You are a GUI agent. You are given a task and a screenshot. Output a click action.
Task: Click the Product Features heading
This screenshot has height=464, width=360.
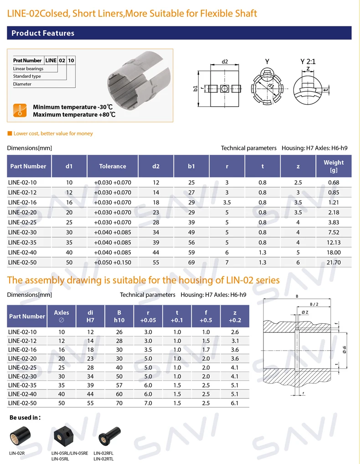(x=43, y=33)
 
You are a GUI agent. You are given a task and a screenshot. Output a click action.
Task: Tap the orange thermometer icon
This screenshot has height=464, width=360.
(x=19, y=110)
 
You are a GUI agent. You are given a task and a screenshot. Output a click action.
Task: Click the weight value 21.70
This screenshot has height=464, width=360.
(x=334, y=263)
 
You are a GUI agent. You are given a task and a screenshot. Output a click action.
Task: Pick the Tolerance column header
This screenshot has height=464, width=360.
(x=113, y=166)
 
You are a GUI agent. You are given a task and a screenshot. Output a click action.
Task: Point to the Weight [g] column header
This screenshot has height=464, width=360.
(x=334, y=166)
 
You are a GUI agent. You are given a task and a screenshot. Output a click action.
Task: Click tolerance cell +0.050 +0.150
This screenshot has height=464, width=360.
(x=113, y=263)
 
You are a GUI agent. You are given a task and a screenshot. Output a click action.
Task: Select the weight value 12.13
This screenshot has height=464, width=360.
(x=334, y=243)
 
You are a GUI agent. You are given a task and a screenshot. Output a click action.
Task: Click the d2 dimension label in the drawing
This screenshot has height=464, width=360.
(x=225, y=61)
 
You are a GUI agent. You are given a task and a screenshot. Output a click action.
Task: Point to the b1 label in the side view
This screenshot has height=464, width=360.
(x=195, y=89)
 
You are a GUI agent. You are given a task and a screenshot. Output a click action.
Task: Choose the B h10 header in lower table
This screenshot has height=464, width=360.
(x=119, y=316)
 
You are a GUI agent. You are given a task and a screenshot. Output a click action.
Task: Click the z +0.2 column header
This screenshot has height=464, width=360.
(x=235, y=316)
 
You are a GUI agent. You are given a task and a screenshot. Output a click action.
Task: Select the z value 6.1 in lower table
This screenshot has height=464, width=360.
(x=235, y=403)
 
